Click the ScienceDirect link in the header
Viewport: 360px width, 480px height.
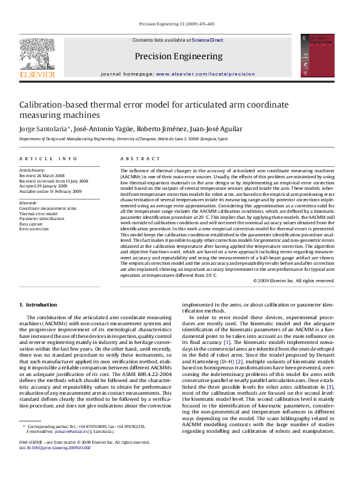pos(208,41)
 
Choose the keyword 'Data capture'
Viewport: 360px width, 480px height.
pos(33,224)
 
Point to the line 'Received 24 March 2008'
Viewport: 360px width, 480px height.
pos(44,176)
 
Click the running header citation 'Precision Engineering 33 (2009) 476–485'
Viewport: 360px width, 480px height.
pos(177,24)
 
